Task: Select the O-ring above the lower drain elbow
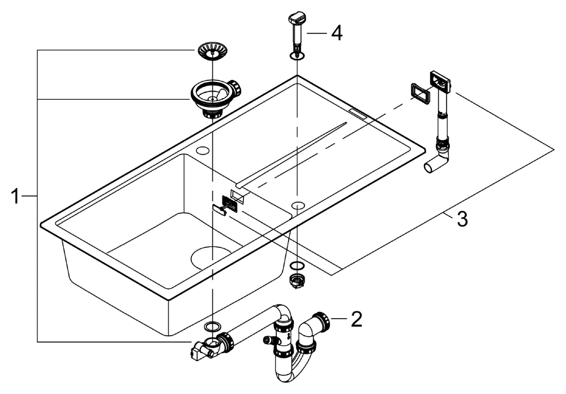pyautogui.click(x=213, y=327)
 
